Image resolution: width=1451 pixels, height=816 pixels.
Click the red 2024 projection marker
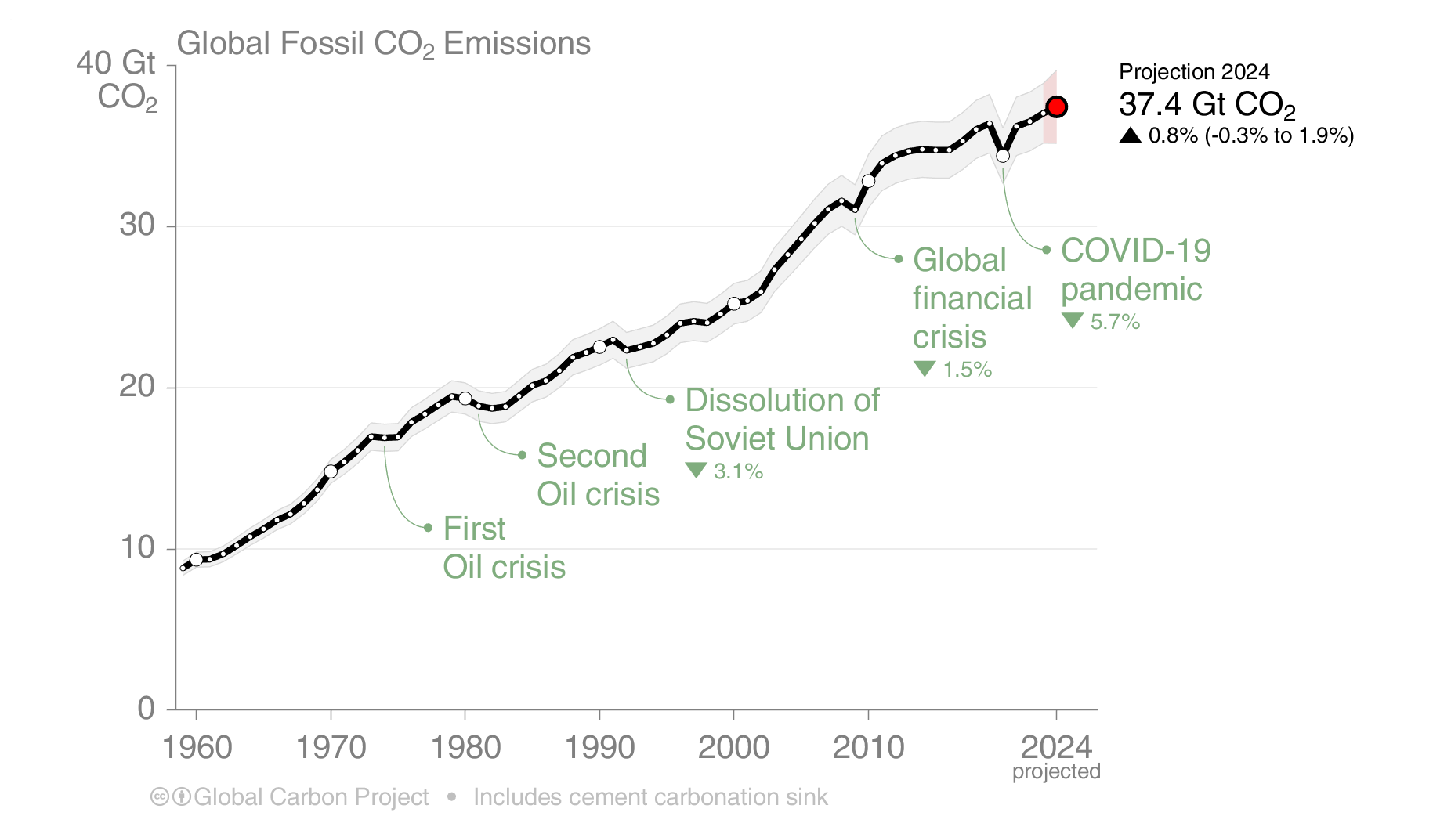(x=1056, y=107)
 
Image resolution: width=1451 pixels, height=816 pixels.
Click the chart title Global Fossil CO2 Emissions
(x=383, y=44)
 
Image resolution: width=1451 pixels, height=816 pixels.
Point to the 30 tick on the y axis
(x=137, y=226)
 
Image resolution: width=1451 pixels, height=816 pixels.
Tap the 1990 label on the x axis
(x=599, y=747)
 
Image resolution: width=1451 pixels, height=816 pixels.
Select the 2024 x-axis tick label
(x=1056, y=747)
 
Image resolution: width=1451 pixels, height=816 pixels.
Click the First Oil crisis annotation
(x=504, y=547)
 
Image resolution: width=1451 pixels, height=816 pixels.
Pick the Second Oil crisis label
(x=598, y=475)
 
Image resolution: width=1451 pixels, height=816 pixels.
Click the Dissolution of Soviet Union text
(x=781, y=419)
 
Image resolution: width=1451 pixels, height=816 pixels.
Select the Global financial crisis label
(x=972, y=298)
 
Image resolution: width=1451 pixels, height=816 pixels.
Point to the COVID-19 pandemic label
(x=1135, y=270)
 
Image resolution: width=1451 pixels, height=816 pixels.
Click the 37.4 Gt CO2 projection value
(x=1207, y=104)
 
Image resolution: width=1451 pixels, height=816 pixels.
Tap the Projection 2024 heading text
(x=1193, y=72)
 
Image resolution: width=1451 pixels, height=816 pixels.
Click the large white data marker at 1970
(x=331, y=471)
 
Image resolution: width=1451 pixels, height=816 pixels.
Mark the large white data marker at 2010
(x=868, y=181)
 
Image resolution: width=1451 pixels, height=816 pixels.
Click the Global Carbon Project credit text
(x=310, y=797)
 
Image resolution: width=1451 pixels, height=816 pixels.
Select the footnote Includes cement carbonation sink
(x=650, y=797)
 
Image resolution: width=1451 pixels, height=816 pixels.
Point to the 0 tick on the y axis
(x=147, y=708)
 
